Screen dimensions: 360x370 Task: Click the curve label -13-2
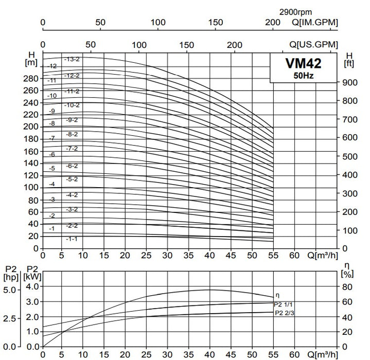click(x=72, y=60)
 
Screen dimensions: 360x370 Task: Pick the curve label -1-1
click(x=72, y=239)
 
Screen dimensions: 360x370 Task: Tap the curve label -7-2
click(x=72, y=149)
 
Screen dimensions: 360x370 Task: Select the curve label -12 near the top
click(x=52, y=67)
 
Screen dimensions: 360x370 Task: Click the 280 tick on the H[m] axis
click(x=32, y=78)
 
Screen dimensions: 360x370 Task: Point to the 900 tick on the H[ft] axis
click(x=350, y=82)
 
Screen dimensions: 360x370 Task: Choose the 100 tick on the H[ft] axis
click(x=350, y=230)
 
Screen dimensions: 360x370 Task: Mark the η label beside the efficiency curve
click(x=278, y=295)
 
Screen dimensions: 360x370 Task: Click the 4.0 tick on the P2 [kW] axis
click(x=32, y=286)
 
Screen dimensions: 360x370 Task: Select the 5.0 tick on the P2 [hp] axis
click(x=11, y=290)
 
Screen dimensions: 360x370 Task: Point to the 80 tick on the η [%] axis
click(x=348, y=286)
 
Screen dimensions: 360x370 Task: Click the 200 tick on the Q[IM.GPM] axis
click(x=273, y=22)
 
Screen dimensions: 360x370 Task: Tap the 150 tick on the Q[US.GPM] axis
click(x=187, y=45)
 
